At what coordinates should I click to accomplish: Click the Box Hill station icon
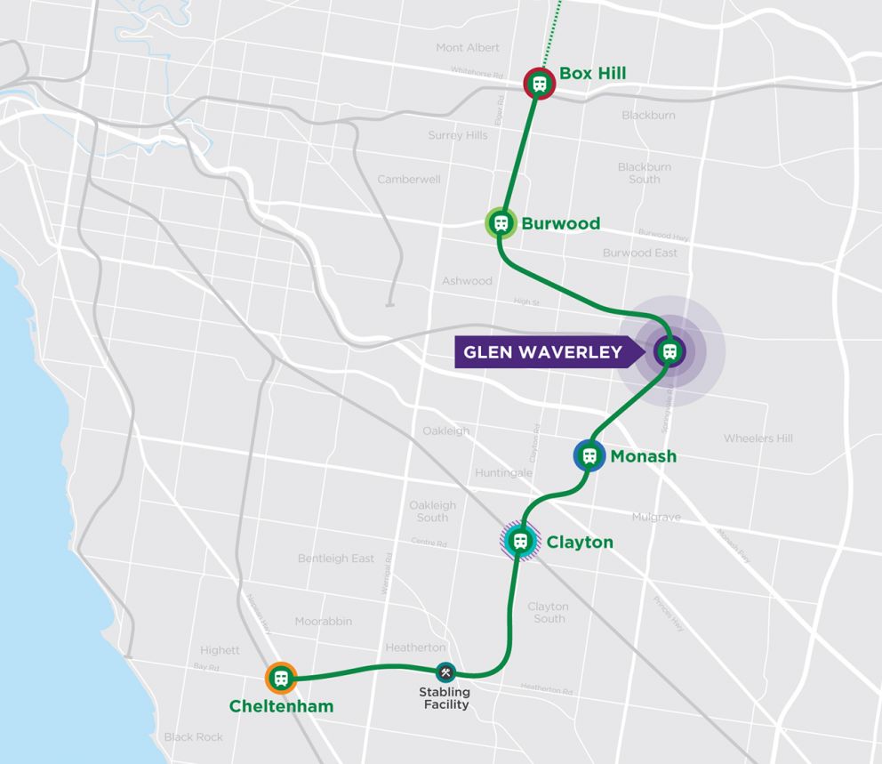pyautogui.click(x=539, y=84)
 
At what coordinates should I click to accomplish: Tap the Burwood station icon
pyautogui.click(x=501, y=223)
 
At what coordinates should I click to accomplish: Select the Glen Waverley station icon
pyautogui.click(x=670, y=351)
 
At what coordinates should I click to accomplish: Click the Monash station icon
pyautogui.click(x=589, y=456)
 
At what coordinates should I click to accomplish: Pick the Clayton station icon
pyautogui.click(x=520, y=541)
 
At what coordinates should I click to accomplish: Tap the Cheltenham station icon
pyautogui.click(x=281, y=679)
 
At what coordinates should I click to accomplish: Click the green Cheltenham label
pyautogui.click(x=281, y=707)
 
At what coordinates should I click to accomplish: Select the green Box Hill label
pyautogui.click(x=593, y=74)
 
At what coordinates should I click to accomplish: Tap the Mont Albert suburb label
pyautogui.click(x=468, y=47)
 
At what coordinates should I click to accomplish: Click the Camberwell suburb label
pyautogui.click(x=409, y=179)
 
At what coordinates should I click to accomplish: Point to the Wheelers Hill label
pyautogui.click(x=758, y=438)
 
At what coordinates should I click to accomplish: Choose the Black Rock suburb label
pyautogui.click(x=193, y=736)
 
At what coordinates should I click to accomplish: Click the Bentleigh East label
pyautogui.click(x=336, y=559)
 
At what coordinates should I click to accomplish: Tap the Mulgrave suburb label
pyautogui.click(x=656, y=517)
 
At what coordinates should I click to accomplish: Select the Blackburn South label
pyautogui.click(x=645, y=173)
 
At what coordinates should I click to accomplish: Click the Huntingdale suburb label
pyautogui.click(x=503, y=472)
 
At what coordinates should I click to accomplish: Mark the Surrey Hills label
pyautogui.click(x=458, y=135)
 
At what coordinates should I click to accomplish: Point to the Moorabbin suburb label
pyautogui.click(x=324, y=621)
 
